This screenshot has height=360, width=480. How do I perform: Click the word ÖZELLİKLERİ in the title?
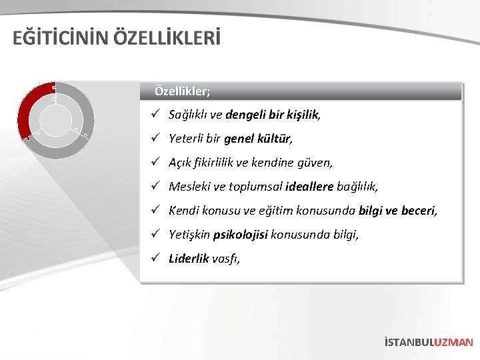click(x=166, y=37)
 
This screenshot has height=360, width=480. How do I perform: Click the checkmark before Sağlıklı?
click(x=154, y=115)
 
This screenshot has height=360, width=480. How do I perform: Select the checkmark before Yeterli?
click(x=154, y=139)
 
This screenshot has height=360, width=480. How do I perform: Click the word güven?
click(x=317, y=163)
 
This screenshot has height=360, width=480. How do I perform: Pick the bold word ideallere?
click(x=310, y=187)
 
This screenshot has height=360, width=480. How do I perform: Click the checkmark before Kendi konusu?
click(x=154, y=211)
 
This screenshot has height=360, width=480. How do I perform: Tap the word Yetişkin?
click(x=189, y=235)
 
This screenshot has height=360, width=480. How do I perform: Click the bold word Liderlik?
click(x=189, y=259)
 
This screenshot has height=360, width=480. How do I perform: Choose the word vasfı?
click(x=225, y=259)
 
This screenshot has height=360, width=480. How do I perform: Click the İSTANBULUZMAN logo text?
click(x=428, y=342)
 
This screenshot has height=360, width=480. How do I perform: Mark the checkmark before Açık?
click(x=154, y=163)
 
